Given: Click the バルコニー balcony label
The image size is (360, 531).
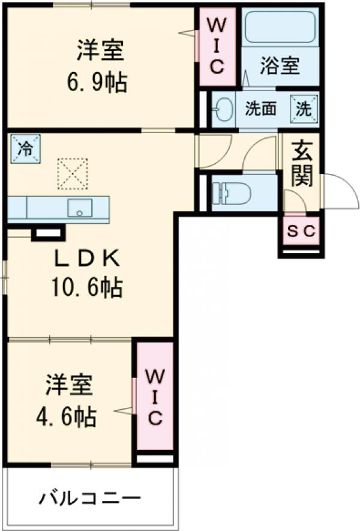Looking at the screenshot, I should pos(91,498).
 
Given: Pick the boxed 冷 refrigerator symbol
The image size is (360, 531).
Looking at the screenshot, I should pos(25,148).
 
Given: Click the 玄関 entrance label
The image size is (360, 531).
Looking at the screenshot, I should pos(301,164).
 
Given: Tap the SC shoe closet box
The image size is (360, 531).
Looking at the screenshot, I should pos(301,232).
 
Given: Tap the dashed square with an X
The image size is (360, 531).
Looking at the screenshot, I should pos(72,173).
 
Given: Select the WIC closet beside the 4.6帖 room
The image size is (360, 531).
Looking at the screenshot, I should pos(154,396).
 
